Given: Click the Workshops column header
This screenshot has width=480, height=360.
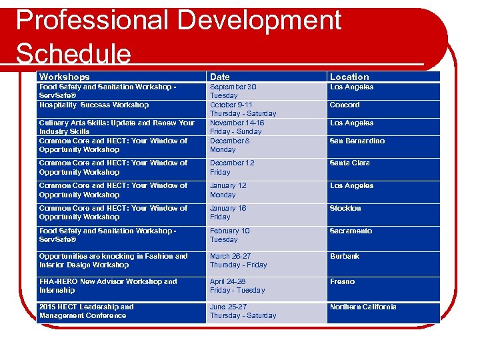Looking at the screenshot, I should pyautogui.click(x=65, y=77).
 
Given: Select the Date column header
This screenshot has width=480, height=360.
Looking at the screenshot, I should pyautogui.click(x=221, y=77).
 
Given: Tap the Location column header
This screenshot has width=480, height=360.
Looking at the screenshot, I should pyautogui.click(x=349, y=77).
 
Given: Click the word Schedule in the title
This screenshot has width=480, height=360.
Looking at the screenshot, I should pyautogui.click(x=73, y=53).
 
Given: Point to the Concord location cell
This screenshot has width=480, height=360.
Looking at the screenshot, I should pyautogui.click(x=345, y=105).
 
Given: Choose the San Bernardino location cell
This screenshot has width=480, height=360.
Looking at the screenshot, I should pyautogui.click(x=357, y=141).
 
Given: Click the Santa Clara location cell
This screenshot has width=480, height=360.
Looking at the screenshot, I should pyautogui.click(x=349, y=163).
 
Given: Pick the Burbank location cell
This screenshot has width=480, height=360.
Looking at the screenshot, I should pyautogui.click(x=345, y=256).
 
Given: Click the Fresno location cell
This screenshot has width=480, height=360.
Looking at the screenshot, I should pyautogui.click(x=342, y=281).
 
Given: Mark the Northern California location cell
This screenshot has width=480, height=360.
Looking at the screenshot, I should pyautogui.click(x=363, y=307).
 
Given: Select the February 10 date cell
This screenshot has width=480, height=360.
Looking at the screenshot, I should pyautogui.click(x=230, y=235).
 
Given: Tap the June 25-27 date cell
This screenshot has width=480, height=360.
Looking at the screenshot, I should pyautogui.click(x=243, y=311).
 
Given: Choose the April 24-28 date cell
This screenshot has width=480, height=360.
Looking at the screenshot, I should pyautogui.click(x=237, y=285).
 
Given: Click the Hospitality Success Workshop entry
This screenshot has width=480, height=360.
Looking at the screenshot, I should pyautogui.click(x=94, y=105).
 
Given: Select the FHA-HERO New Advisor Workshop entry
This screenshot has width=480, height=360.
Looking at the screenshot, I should pyautogui.click(x=108, y=285).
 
